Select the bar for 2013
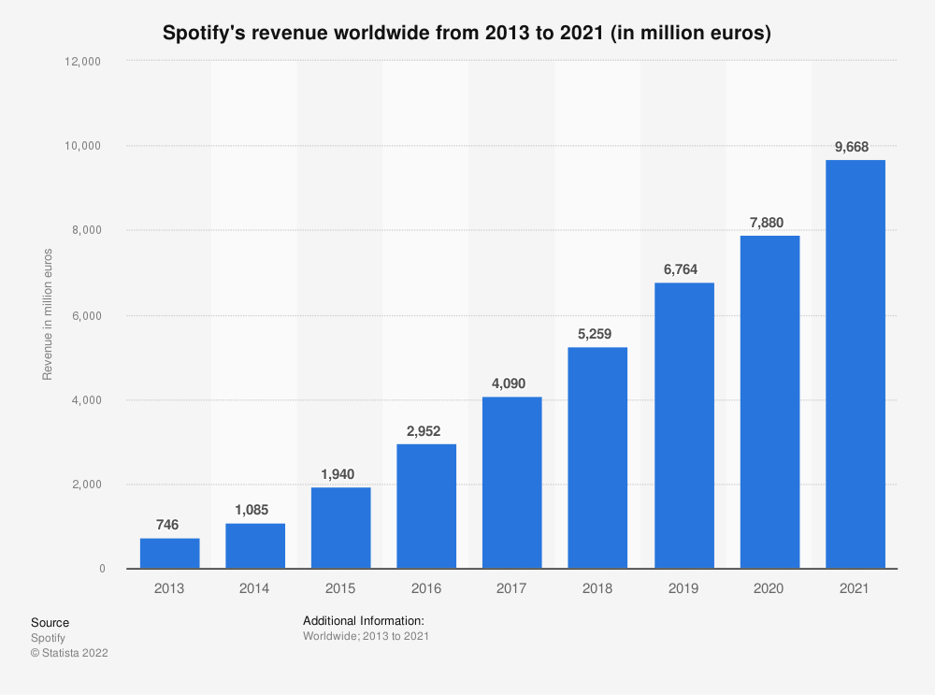pos(170,554)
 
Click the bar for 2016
pos(426,506)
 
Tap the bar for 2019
pos(684,426)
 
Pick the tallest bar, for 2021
pos(856,365)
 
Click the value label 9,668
pos(852,147)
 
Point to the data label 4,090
pos(509,384)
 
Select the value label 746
pos(167,525)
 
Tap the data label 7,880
pos(767,224)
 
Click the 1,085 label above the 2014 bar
pos(252,510)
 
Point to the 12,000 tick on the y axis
pos(82,62)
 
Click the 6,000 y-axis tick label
pos(86,316)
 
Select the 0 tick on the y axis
pos(102,569)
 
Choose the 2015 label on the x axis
pos(340,588)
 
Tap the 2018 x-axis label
pos(597,588)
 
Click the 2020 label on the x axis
pos(768,588)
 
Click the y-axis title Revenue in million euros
pos(47,314)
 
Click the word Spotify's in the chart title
pos(203,33)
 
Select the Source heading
pos(50,623)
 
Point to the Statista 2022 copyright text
pos(70,653)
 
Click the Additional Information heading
pos(364,621)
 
